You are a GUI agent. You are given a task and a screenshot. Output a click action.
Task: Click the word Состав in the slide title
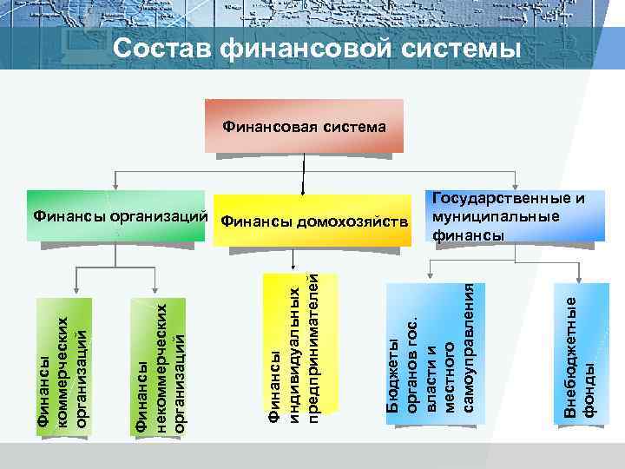pos(160,49)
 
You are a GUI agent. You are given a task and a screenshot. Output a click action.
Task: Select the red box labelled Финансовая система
pos(305,127)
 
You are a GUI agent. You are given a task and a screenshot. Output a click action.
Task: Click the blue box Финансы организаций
pos(117,215)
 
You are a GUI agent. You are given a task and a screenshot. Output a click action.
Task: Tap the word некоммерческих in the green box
pos(161,365)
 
